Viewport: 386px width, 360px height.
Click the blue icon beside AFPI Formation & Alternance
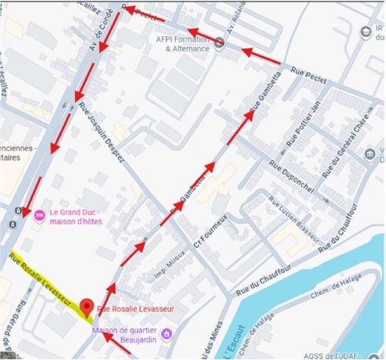tap(219, 42)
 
